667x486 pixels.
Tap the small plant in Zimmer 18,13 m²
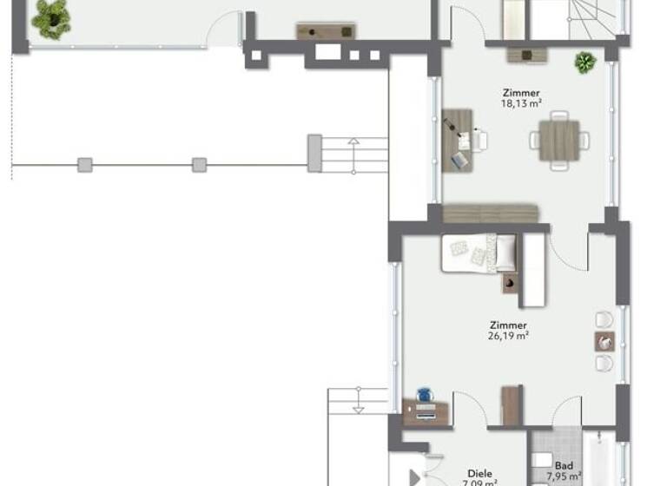[584, 62]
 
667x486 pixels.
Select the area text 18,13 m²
[522, 103]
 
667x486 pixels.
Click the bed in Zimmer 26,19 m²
[479, 253]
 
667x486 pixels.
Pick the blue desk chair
[424, 395]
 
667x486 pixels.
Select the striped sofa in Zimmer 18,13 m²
[491, 213]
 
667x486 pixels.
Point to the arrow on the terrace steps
[353, 143]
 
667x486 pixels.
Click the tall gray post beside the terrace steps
[314, 153]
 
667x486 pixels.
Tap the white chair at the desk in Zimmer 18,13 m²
[479, 139]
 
